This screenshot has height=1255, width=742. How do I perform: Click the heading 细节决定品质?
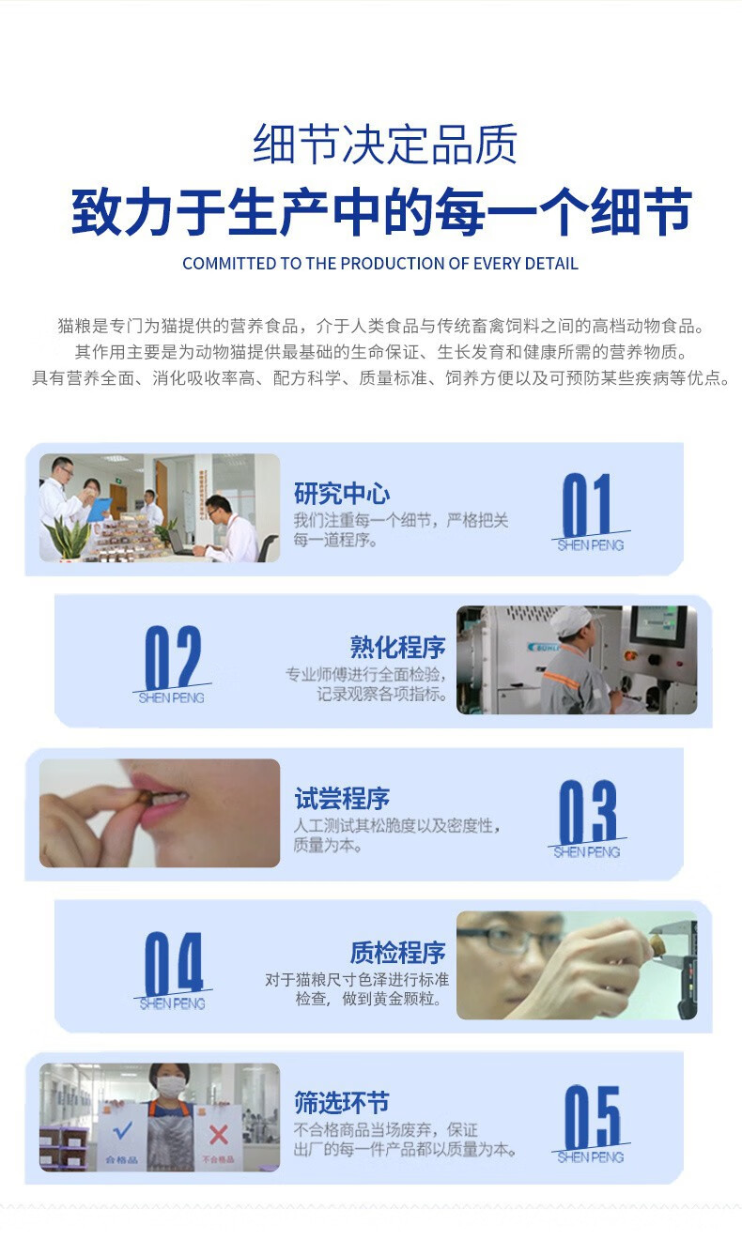pos(384,145)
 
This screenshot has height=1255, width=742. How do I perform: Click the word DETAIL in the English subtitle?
pos(551,264)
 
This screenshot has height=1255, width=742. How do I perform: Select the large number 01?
pos(586,504)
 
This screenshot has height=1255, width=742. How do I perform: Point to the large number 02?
pos(173,657)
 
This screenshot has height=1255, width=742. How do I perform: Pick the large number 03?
pos(588,811)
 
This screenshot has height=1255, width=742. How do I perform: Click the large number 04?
pos(174,963)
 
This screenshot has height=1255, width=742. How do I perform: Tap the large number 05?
pos(593,1117)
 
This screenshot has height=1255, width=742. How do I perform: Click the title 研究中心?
pos(342,493)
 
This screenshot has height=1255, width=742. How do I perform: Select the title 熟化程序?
pos(398,647)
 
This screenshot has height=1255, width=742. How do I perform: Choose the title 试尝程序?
pos(342,799)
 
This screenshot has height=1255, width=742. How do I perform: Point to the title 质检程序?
pos(398,953)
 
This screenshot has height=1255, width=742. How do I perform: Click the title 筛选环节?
pos(342,1103)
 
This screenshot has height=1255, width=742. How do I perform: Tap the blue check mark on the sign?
pos(122,1130)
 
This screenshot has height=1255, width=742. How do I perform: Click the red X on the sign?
pos(218,1135)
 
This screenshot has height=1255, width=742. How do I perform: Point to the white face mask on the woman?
pos(171,1087)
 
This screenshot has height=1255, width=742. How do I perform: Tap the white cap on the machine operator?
pos(569,621)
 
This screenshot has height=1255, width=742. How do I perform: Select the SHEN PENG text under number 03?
pos(587,852)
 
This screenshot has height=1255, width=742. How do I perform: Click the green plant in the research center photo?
pos(69,537)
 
